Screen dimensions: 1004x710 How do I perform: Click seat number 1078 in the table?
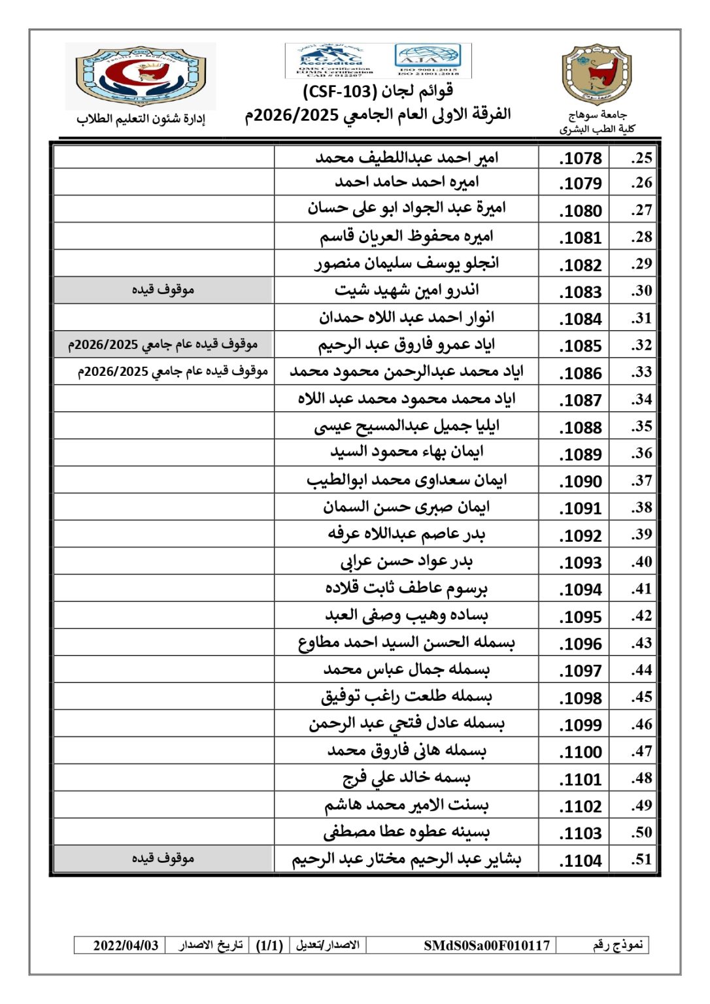point(581,158)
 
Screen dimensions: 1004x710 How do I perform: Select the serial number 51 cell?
point(641,859)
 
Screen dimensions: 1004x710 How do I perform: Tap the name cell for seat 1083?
point(406,290)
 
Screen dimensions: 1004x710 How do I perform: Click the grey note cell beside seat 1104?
point(163,858)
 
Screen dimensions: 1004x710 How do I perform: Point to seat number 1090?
point(581,481)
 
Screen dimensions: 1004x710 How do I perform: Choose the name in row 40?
point(406,561)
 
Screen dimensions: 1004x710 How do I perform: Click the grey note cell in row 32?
point(163,344)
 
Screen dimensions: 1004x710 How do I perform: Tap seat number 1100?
point(581,752)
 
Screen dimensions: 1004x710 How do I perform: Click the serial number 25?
point(641,158)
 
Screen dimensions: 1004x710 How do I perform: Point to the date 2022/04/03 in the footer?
point(126,945)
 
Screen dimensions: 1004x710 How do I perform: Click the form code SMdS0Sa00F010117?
point(486,945)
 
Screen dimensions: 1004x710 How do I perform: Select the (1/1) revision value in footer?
point(269,945)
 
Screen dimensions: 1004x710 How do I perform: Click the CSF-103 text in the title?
point(339,91)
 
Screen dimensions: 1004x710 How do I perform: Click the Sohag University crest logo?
point(596,75)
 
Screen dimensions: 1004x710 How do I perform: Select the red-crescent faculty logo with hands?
point(141,75)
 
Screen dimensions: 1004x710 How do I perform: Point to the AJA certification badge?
point(428,59)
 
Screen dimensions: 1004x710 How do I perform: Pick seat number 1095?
point(581,616)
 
